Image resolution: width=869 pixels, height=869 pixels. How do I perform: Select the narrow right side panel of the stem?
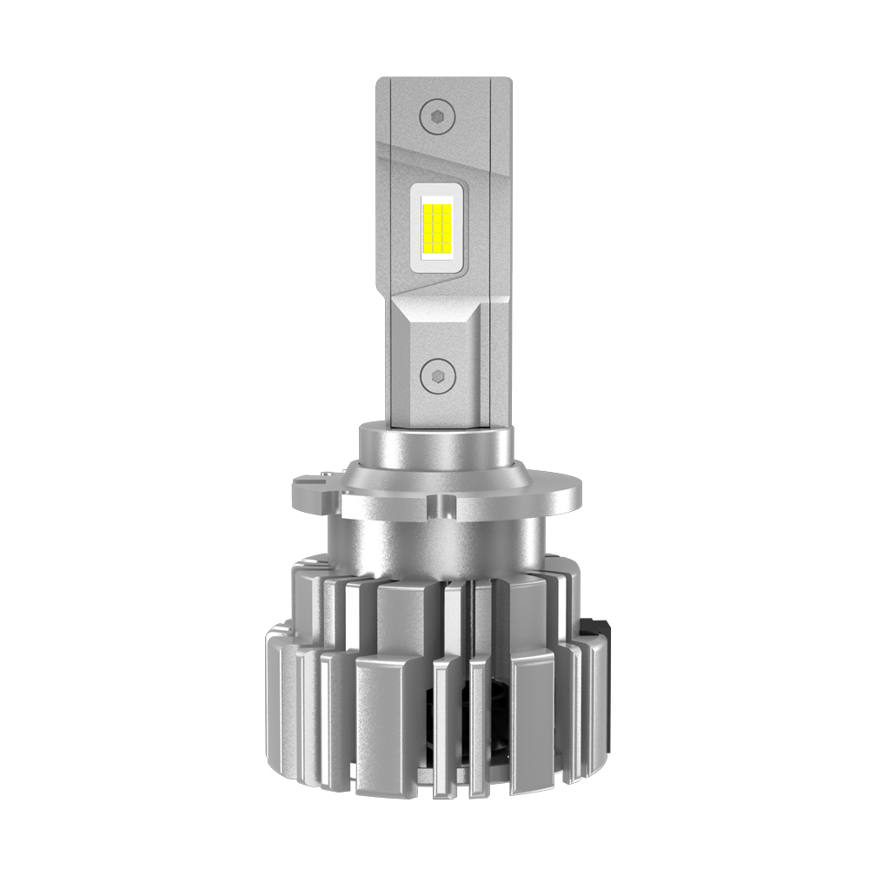click(500, 261)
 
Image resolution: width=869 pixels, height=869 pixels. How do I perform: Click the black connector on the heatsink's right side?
click(597, 632)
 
